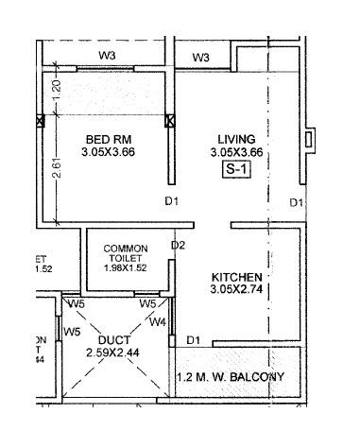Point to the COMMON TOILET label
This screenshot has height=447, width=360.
tap(127, 255)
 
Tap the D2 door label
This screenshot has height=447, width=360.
tap(177, 246)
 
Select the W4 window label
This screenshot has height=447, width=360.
tap(160, 322)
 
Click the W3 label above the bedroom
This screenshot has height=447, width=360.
tap(108, 57)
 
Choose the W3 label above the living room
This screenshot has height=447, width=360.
tap(200, 59)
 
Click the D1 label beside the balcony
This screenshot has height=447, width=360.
tap(194, 339)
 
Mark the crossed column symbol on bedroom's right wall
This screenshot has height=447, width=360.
tap(170, 121)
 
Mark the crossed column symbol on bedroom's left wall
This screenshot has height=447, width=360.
tap(39, 121)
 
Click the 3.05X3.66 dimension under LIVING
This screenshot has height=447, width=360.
tap(237, 151)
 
